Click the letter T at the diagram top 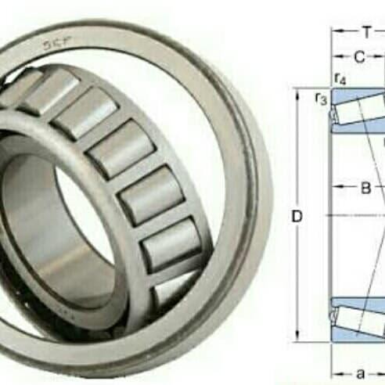click(365, 33)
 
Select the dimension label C click(358, 56)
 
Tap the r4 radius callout click(340, 78)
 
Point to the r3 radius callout click(319, 97)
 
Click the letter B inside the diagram click(365, 188)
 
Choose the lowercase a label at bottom click(361, 373)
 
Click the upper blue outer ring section click(356, 97)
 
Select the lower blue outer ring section click(356, 333)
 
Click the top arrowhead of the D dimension click(300, 93)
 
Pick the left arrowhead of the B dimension click(336, 188)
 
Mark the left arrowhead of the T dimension click(334, 33)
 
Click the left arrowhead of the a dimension click(335, 373)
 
